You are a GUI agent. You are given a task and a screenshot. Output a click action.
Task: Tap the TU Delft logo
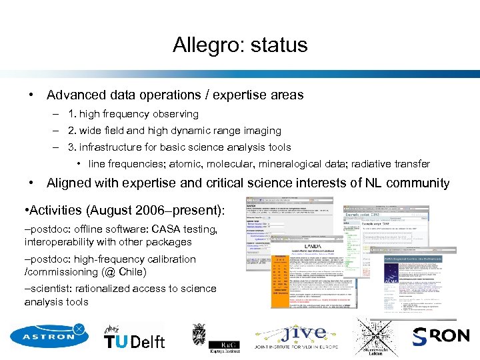[134, 339]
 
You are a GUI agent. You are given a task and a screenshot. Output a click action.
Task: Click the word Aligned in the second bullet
[70, 183]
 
